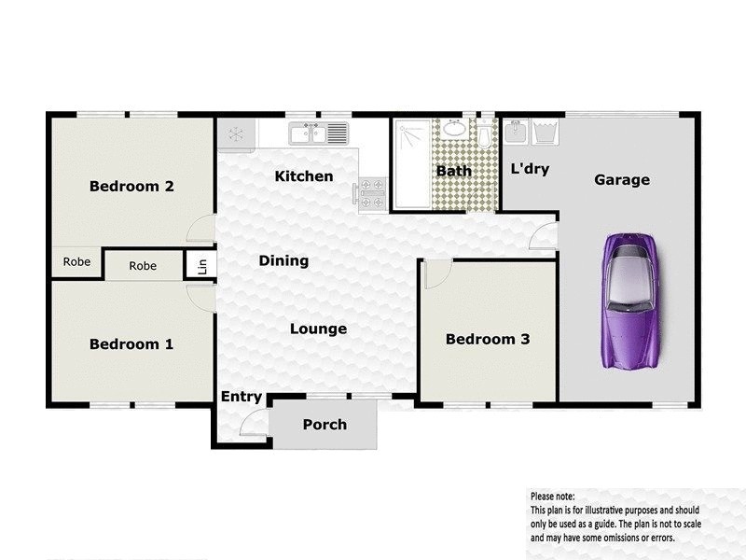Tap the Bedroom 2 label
(131, 186)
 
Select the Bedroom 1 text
(131, 344)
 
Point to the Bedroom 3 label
(488, 339)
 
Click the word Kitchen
(304, 176)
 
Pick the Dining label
(283, 261)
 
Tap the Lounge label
(318, 329)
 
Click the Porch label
(325, 425)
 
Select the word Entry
(242, 397)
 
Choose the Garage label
(622, 180)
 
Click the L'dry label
(530, 170)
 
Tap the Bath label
(454, 171)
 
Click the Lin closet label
(201, 266)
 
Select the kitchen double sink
(307, 134)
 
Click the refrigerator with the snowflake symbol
(237, 133)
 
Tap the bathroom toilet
(485, 141)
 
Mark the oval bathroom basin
(456, 128)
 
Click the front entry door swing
(249, 425)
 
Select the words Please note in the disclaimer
(552, 497)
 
